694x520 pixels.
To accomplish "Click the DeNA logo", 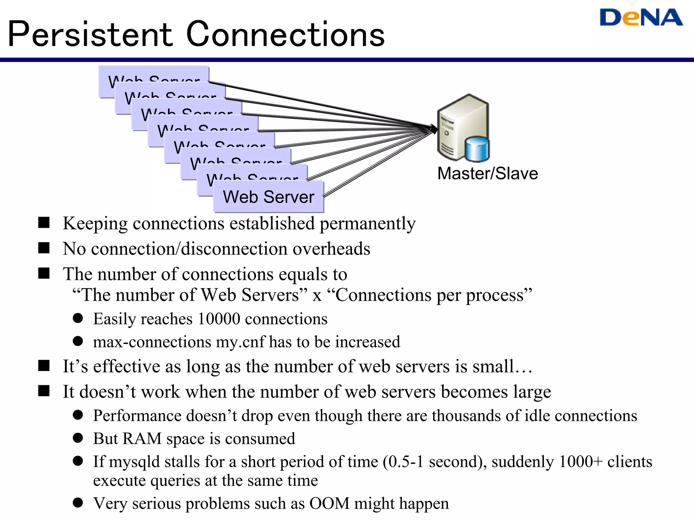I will pos(641,18).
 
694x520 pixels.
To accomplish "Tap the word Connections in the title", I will pos(285,35).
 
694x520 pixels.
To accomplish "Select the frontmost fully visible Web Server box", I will pos(268,197).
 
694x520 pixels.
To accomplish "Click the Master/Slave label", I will pos(487,173).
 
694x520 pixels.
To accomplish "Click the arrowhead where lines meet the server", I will pos(433,129).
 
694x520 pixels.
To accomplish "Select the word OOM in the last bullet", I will pos(329,503).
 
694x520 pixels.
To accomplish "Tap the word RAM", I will pos(142,439).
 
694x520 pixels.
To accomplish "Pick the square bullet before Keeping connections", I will pos(44,223).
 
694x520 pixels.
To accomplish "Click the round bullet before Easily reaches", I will pos(78,318).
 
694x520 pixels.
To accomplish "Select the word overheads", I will pos(331,249).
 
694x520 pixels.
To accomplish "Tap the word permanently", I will pos(368,223).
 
